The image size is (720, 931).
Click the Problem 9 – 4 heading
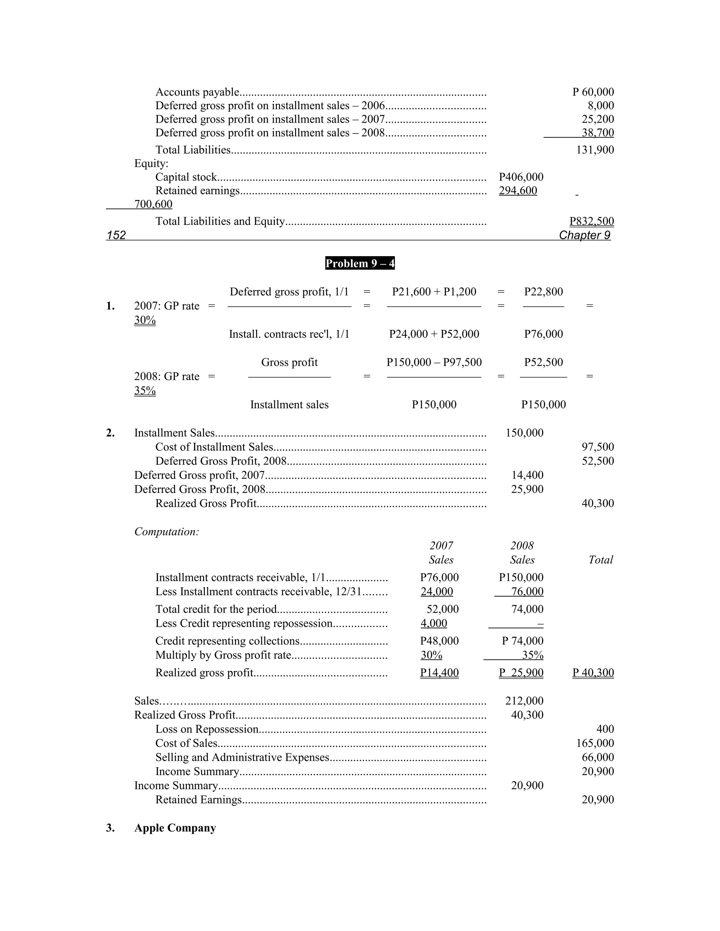(360, 263)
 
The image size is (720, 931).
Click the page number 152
(116, 235)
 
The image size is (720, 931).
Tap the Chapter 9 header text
(584, 235)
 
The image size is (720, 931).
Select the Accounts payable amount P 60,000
(593, 92)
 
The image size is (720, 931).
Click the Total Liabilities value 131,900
(595, 150)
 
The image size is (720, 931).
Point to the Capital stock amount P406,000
(521, 177)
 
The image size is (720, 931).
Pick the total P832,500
(592, 221)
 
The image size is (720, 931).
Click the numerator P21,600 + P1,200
(434, 292)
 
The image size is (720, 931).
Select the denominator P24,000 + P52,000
(434, 334)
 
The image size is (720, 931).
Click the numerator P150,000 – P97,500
(434, 362)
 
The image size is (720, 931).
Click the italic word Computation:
(167, 532)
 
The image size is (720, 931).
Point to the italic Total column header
(600, 560)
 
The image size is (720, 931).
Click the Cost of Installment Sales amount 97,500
(598, 447)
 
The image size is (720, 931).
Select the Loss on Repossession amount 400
(605, 729)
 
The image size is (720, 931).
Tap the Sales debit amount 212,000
(524, 701)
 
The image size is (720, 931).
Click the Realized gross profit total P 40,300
(593, 673)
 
